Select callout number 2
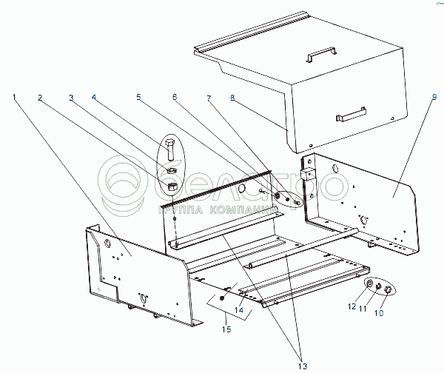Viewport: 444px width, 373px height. pyautogui.click(x=40, y=96)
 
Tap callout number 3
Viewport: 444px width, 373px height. pyautogui.click(x=71, y=96)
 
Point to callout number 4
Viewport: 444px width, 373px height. pyautogui.click(x=95, y=96)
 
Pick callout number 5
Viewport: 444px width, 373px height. pyautogui.click(x=138, y=96)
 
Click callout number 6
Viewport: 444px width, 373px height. pyautogui.click(x=175, y=96)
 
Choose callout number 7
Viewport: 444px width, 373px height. pyautogui.click(x=209, y=96)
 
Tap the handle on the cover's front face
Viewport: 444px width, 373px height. pyautogui.click(x=351, y=115)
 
